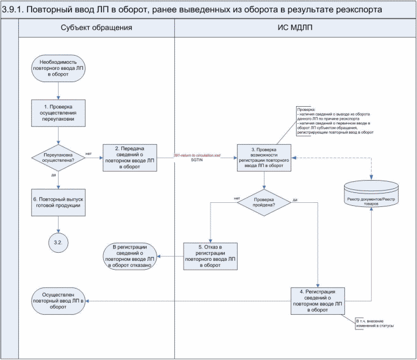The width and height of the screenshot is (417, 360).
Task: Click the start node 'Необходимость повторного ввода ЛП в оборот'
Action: [x=57, y=68]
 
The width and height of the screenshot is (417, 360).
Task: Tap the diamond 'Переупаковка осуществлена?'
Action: [x=57, y=157]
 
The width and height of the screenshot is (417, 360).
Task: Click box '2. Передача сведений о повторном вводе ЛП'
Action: [x=130, y=157]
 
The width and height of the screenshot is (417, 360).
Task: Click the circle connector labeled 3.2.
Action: [x=57, y=241]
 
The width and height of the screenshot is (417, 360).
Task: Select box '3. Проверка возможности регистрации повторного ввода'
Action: [x=263, y=157]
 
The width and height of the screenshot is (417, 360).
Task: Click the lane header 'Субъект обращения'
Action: [x=96, y=28]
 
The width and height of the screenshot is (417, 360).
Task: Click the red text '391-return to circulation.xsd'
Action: [x=197, y=154]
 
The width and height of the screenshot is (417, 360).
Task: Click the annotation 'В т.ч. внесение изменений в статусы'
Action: [x=375, y=323]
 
